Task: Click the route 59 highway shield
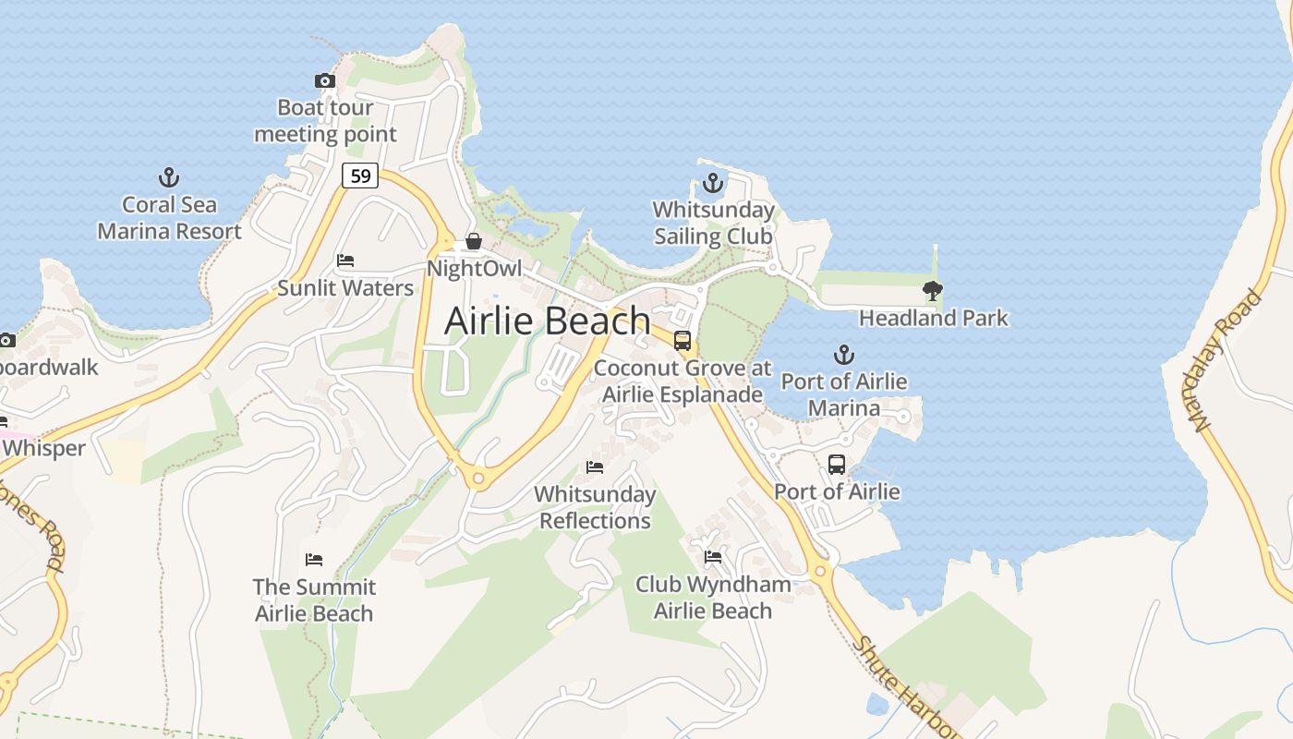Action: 360,175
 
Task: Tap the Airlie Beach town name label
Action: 548,321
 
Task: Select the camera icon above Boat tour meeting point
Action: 325,81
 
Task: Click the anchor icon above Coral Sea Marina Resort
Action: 169,177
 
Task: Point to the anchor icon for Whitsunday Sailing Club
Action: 712,183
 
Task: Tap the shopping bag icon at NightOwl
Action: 474,242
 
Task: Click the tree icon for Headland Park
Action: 933,291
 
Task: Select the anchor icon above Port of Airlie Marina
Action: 843,355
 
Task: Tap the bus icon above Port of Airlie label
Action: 837,465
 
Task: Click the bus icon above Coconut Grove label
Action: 683,341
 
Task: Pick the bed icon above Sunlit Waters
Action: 345,260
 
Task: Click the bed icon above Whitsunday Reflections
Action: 595,467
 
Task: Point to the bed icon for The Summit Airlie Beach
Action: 314,560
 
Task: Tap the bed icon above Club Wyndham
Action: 713,557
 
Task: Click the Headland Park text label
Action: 934,319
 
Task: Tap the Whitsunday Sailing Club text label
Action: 713,224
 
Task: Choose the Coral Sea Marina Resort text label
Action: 170,218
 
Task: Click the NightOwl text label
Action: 474,269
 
